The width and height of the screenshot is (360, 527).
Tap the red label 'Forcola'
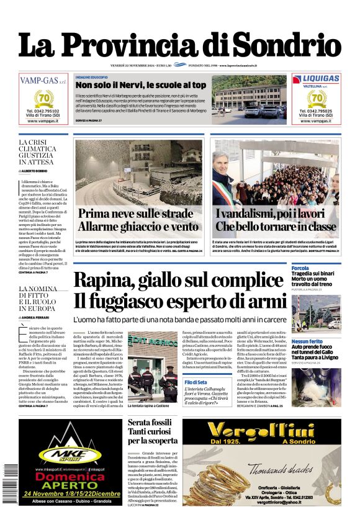tap(300, 269)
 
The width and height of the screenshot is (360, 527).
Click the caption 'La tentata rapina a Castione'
tap(149, 405)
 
